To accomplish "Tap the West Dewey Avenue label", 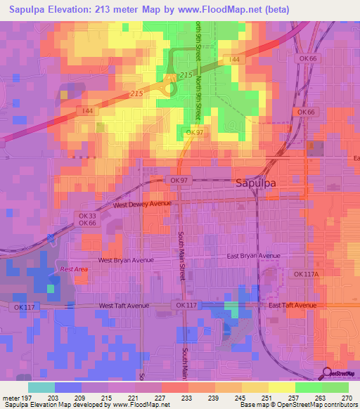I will pos(143,204).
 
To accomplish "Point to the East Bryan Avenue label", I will pos(254,257).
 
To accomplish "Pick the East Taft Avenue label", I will pos(292,306).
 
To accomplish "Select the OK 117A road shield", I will pos(307,274).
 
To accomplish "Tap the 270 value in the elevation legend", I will pos(347,397).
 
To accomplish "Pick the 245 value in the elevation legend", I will pos(240,397).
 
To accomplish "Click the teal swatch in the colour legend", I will pos(41,387).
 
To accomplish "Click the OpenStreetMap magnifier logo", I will pos(326,373).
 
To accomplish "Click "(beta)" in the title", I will pos(271,9).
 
